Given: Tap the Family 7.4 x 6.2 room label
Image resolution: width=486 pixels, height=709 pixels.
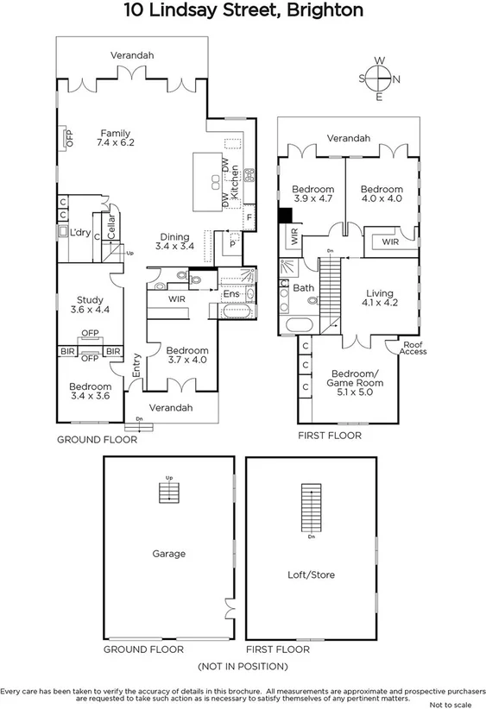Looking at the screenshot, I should (x=115, y=138).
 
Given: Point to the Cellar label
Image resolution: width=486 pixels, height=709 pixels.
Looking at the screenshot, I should (x=111, y=228).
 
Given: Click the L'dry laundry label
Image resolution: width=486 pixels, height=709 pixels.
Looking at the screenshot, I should (x=81, y=233).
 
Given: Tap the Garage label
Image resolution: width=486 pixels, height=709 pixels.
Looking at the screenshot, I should (x=168, y=554).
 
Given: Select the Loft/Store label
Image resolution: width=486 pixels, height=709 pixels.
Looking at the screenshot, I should (x=311, y=574).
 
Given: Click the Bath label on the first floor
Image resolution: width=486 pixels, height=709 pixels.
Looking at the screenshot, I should (x=303, y=288).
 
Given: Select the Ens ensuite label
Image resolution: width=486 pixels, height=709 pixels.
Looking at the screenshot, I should (x=231, y=294).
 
